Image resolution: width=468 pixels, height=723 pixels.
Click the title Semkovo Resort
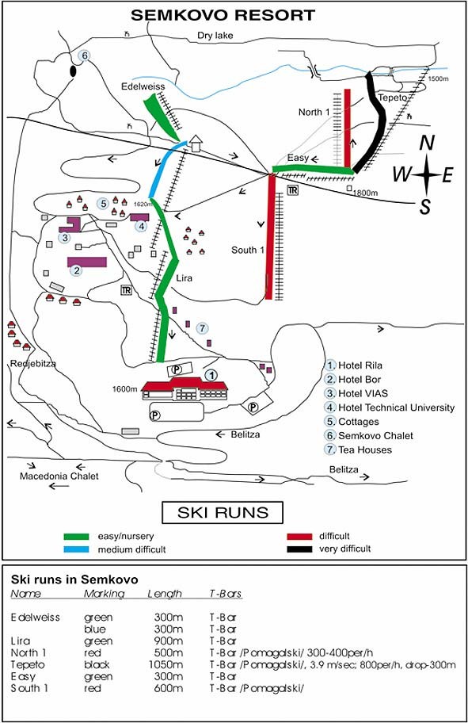pos(223,15)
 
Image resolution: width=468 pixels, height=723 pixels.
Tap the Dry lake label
pos(215,36)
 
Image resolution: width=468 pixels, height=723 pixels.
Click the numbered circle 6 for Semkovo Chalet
pos(84,55)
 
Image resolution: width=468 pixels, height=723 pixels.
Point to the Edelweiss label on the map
pos(143,86)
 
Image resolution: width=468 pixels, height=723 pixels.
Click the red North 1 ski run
pos(348,128)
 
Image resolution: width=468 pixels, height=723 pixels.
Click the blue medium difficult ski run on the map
pos(167,169)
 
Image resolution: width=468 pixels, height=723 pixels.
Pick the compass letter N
pos(427,143)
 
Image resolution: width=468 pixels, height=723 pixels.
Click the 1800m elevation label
pos(365,193)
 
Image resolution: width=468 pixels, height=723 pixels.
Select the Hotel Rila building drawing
pos(185,388)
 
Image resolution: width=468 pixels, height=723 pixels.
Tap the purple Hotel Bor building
pos(87,262)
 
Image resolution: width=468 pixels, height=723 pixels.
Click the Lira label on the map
pos(185,278)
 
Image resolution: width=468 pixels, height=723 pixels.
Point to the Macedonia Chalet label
pos(59,476)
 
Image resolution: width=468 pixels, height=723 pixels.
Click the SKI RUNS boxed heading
pos(223,513)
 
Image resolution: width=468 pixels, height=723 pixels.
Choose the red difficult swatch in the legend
pos(299,537)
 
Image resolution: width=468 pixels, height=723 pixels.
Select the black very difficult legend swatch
pos(299,549)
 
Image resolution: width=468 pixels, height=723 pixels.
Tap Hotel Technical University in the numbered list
pos(396,407)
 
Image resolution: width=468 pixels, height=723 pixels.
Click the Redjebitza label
pos(33,364)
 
